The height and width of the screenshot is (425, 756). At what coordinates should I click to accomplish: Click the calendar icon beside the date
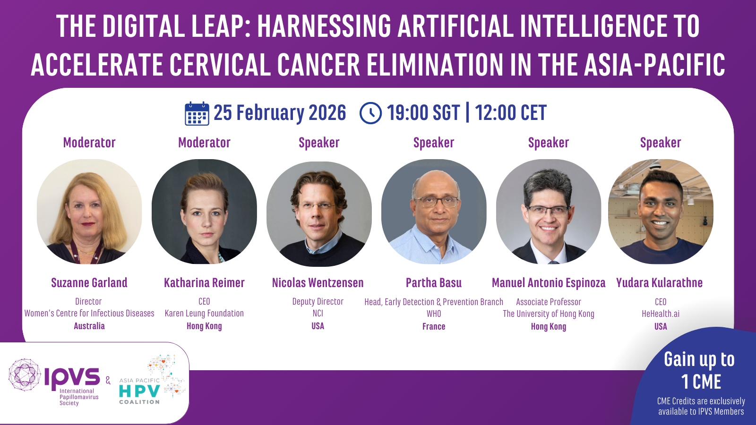pos(197,113)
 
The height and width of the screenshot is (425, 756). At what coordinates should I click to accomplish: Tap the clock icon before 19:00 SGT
pos(370,113)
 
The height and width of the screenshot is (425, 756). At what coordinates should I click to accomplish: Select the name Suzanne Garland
pos(89,283)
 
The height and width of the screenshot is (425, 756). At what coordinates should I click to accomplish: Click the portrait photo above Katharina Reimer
pos(204,212)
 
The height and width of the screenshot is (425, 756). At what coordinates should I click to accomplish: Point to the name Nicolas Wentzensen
pos(318,283)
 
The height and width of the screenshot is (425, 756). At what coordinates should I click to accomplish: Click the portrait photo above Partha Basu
pos(434,212)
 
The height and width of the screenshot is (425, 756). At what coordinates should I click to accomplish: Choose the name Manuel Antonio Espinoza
pos(549,283)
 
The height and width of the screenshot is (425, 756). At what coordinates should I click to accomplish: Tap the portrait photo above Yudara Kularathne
pos(661,212)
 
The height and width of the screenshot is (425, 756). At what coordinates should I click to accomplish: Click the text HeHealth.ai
pos(661,314)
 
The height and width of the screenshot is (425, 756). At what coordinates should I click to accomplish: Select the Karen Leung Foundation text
pos(204,314)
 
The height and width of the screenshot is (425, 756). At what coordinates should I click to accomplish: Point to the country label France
pos(434,326)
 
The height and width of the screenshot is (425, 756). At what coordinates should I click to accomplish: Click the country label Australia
pos(89,326)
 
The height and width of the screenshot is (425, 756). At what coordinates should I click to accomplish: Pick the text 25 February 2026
pos(280,113)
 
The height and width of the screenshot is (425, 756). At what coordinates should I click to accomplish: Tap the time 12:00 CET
pos(511,113)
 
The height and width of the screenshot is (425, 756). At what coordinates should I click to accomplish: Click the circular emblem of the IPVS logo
pos(25,375)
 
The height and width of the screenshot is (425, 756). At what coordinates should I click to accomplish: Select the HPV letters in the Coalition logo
pos(139,391)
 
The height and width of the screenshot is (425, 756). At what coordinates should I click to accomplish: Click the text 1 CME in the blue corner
pos(701,382)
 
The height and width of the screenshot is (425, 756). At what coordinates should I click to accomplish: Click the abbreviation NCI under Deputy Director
pos(318,314)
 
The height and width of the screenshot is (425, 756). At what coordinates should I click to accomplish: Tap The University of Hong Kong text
pos(549,314)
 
